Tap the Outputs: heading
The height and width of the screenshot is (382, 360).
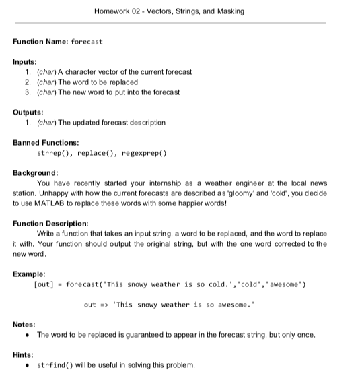coord(29,113)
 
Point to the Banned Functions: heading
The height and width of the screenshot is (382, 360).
coord(46,143)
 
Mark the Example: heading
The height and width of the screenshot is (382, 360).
coord(30,274)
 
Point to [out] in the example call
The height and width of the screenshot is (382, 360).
coord(44,285)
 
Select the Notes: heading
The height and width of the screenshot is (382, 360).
coord(26,325)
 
